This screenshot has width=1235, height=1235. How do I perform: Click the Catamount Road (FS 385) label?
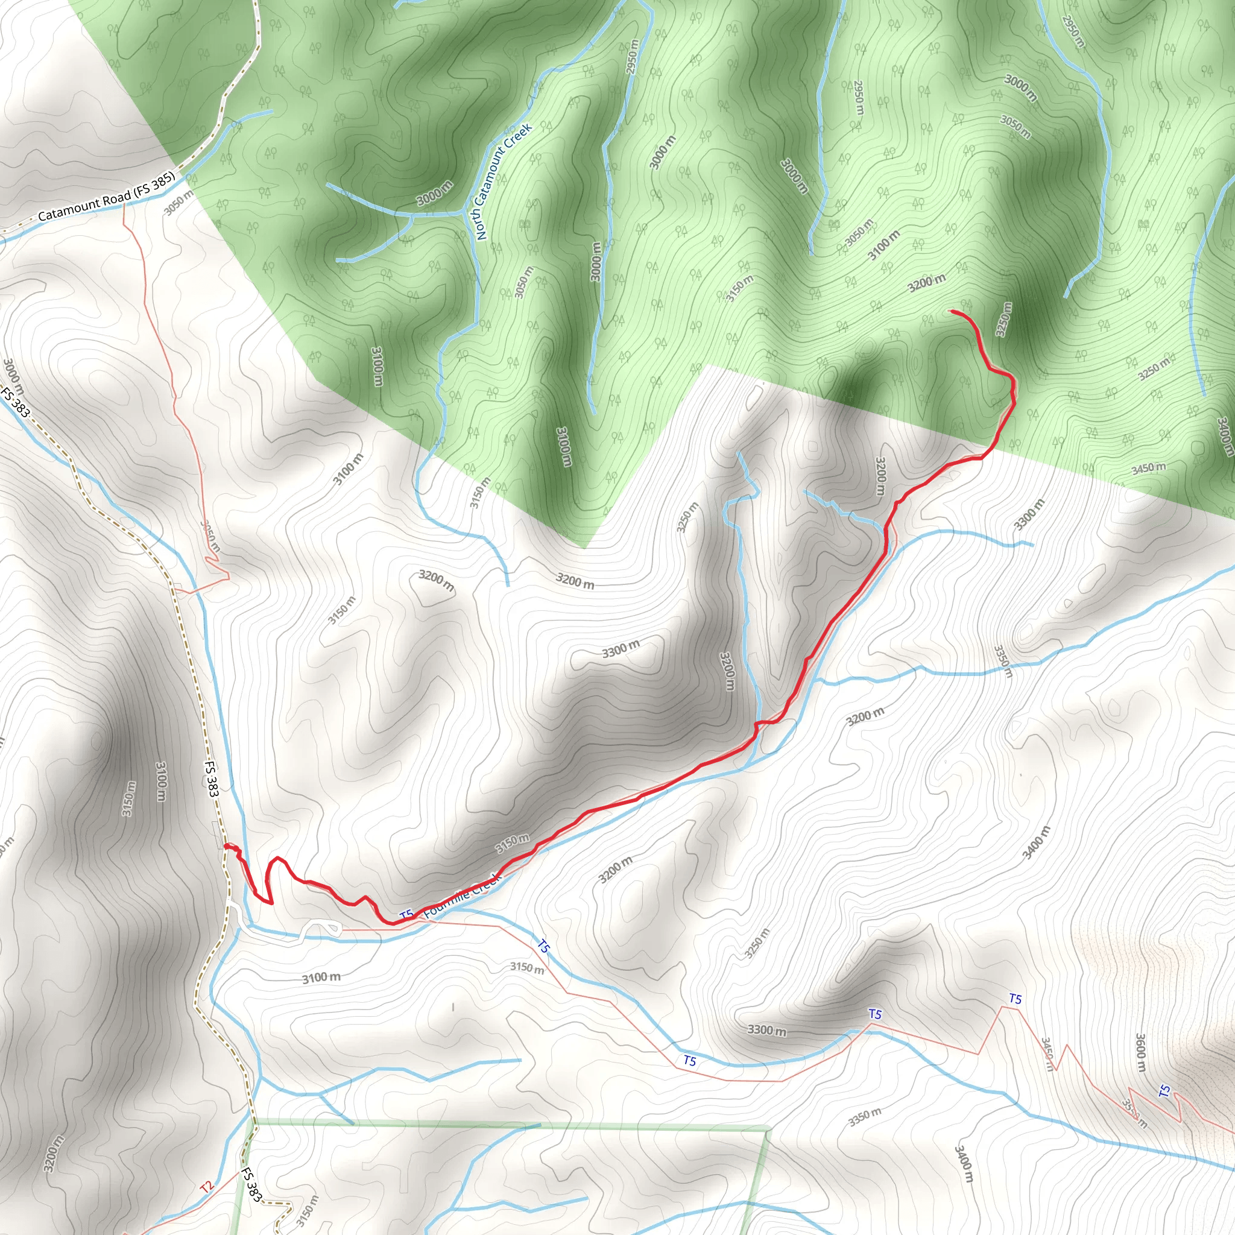pyautogui.click(x=106, y=198)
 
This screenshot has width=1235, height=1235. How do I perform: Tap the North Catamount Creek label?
pyautogui.click(x=504, y=182)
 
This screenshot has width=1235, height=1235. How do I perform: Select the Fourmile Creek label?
pyautogui.click(x=461, y=892)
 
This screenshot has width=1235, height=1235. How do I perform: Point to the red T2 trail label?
pyautogui.click(x=205, y=1187)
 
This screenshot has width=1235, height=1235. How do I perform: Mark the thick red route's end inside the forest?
pyautogui.click(x=952, y=311)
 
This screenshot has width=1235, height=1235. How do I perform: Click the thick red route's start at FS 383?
pyautogui.click(x=225, y=845)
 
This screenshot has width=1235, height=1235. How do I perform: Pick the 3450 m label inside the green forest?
pyautogui.click(x=1148, y=469)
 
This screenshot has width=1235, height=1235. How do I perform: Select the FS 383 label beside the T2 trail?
pyautogui.click(x=251, y=1183)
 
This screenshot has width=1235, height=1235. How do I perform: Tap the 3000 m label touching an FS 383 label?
pyautogui.click(x=13, y=377)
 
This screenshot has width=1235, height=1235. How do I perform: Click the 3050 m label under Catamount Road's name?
pyautogui.click(x=178, y=202)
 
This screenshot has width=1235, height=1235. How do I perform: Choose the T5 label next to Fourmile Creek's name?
pyautogui.click(x=406, y=915)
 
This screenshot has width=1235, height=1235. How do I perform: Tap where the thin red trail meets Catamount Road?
pyautogui.click(x=123, y=206)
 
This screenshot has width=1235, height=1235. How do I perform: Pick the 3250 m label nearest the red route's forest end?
pyautogui.click(x=1003, y=319)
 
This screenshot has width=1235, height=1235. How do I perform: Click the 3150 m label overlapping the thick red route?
pyautogui.click(x=513, y=844)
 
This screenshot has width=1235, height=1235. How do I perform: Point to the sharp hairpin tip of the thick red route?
pyautogui.click(x=272, y=903)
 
